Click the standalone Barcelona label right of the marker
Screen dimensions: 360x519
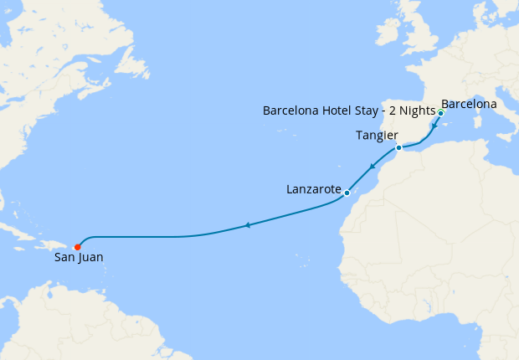tap(469, 105)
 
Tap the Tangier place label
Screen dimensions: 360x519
tap(376, 136)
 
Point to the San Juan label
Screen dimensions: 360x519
tap(79, 258)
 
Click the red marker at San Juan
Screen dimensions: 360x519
tap(77, 247)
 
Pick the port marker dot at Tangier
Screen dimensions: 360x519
tap(398, 148)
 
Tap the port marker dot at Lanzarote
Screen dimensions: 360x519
tap(347, 193)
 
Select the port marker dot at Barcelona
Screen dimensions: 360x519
tap(440, 112)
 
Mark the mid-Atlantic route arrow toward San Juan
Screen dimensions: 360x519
tap(247, 225)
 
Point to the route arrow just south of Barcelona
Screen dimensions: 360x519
tap(434, 126)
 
